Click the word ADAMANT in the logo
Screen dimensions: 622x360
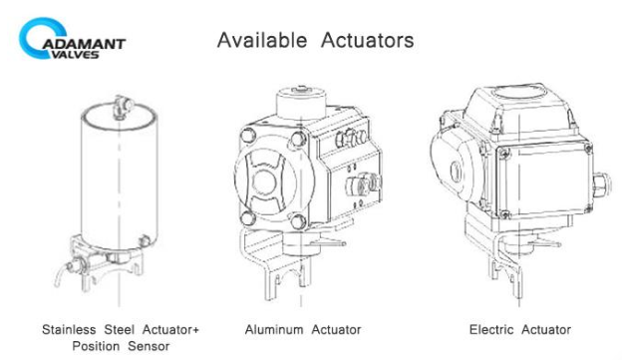84,43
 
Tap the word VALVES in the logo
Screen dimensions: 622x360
76,55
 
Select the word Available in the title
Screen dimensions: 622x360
262,40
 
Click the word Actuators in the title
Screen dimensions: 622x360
368,40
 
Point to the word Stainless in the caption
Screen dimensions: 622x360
69,329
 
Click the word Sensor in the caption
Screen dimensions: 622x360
149,346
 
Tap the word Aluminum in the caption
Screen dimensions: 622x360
274,329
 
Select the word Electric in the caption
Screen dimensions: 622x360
491,329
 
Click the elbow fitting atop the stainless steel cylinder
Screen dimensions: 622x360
123,107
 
